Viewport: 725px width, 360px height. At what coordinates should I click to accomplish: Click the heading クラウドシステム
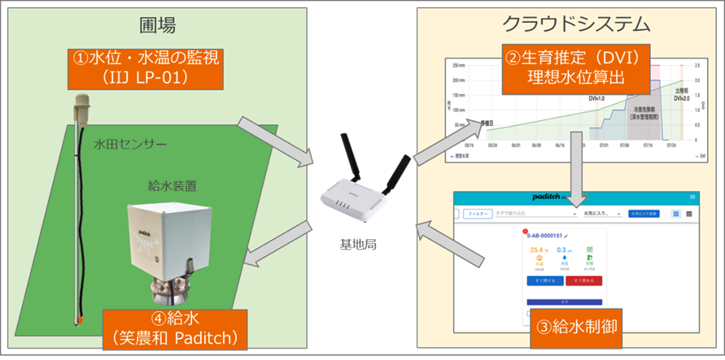coord(572,24)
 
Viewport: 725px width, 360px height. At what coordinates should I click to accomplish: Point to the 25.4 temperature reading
coord(536,250)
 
